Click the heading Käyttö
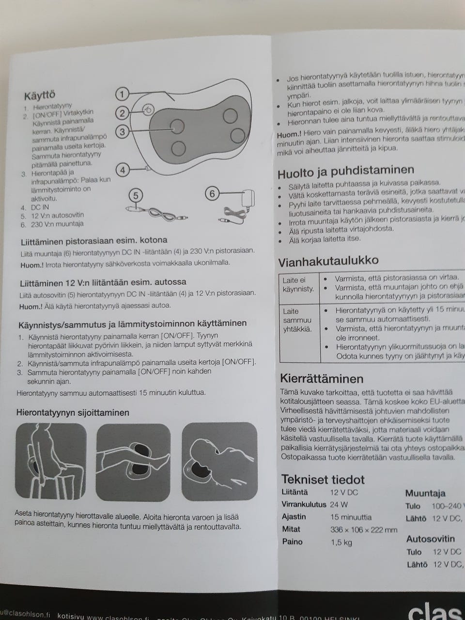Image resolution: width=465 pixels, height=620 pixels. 39,94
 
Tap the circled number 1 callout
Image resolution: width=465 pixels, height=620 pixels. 123,94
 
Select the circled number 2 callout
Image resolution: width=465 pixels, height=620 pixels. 123,113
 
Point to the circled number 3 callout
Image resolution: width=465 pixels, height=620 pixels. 123,131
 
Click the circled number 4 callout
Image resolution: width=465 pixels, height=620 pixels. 123,170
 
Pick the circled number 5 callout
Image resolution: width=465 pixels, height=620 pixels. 136,195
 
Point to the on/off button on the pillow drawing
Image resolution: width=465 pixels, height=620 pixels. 148,110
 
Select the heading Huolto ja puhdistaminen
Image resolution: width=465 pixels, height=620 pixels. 345,170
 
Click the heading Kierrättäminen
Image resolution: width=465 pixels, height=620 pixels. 322,378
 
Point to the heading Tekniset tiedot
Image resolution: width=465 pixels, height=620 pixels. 323,480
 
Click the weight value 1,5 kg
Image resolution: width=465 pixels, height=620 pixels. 341,542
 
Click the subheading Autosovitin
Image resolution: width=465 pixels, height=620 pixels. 430,539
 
